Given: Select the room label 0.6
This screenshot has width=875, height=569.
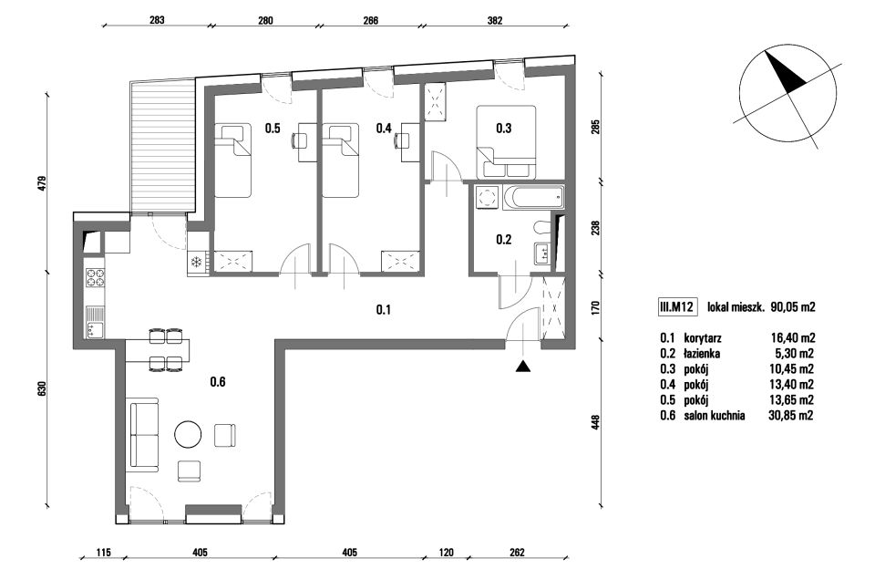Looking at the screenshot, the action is [218, 382].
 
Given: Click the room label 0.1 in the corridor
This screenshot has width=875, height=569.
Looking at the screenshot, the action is [383, 309].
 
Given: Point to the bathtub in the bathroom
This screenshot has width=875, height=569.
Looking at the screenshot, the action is [533, 198].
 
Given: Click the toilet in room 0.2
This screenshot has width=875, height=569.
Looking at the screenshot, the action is [541, 227].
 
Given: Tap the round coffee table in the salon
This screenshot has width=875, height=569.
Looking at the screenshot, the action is [188, 434].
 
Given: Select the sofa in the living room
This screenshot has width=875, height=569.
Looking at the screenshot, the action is [144, 434].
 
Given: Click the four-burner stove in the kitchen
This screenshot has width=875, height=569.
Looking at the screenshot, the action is [94, 278].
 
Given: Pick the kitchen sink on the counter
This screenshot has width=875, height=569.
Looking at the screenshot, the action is [94, 323].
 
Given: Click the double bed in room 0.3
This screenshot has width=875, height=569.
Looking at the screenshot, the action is [506, 142].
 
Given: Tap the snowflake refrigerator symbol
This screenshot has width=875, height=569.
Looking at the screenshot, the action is [196, 262].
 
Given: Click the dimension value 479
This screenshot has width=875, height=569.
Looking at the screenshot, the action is [42, 184].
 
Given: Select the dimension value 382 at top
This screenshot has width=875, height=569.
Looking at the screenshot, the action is [495, 21].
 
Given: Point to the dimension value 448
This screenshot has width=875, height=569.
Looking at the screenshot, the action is [595, 422].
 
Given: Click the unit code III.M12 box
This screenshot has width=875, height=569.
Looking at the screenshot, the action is [676, 306].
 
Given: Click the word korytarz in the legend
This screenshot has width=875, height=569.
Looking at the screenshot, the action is [702, 338].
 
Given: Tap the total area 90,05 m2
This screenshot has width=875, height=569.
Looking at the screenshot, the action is [792, 306].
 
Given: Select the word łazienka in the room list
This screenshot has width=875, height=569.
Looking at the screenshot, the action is [702, 354].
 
